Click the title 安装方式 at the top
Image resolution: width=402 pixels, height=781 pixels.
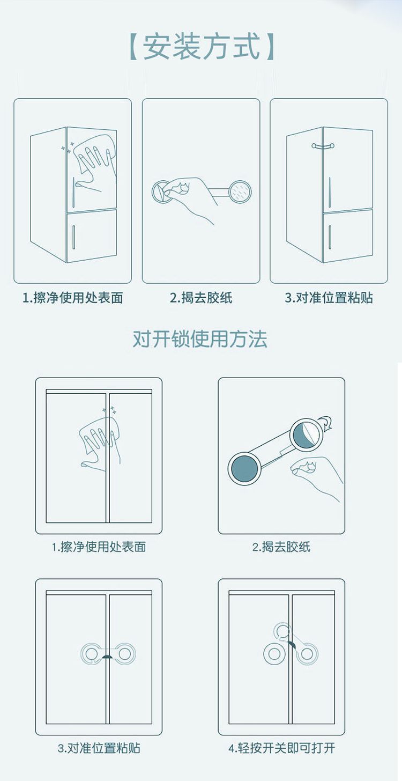[202, 46]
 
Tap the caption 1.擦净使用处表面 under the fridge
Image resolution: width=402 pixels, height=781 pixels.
[73, 298]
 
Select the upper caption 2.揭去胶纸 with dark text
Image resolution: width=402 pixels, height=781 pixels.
[201, 298]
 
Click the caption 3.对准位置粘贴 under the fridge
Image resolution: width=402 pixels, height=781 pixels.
[329, 298]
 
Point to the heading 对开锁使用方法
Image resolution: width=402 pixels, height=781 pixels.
[200, 338]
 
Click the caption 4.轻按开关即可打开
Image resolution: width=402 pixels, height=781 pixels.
[281, 748]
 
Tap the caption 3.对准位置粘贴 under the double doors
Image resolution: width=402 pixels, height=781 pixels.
[99, 748]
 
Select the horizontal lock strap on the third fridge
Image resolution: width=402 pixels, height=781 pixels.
[323, 145]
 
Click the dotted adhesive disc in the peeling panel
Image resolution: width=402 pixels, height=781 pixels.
[240, 191]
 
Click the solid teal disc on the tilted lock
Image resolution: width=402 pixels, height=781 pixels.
[244, 469]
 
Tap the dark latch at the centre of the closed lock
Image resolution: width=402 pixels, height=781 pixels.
[108, 657]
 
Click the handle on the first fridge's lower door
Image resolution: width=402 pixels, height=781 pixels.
[73, 237]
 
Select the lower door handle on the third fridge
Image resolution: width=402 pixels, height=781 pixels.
[330, 237]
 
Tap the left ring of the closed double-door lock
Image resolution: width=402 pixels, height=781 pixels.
[91, 654]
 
